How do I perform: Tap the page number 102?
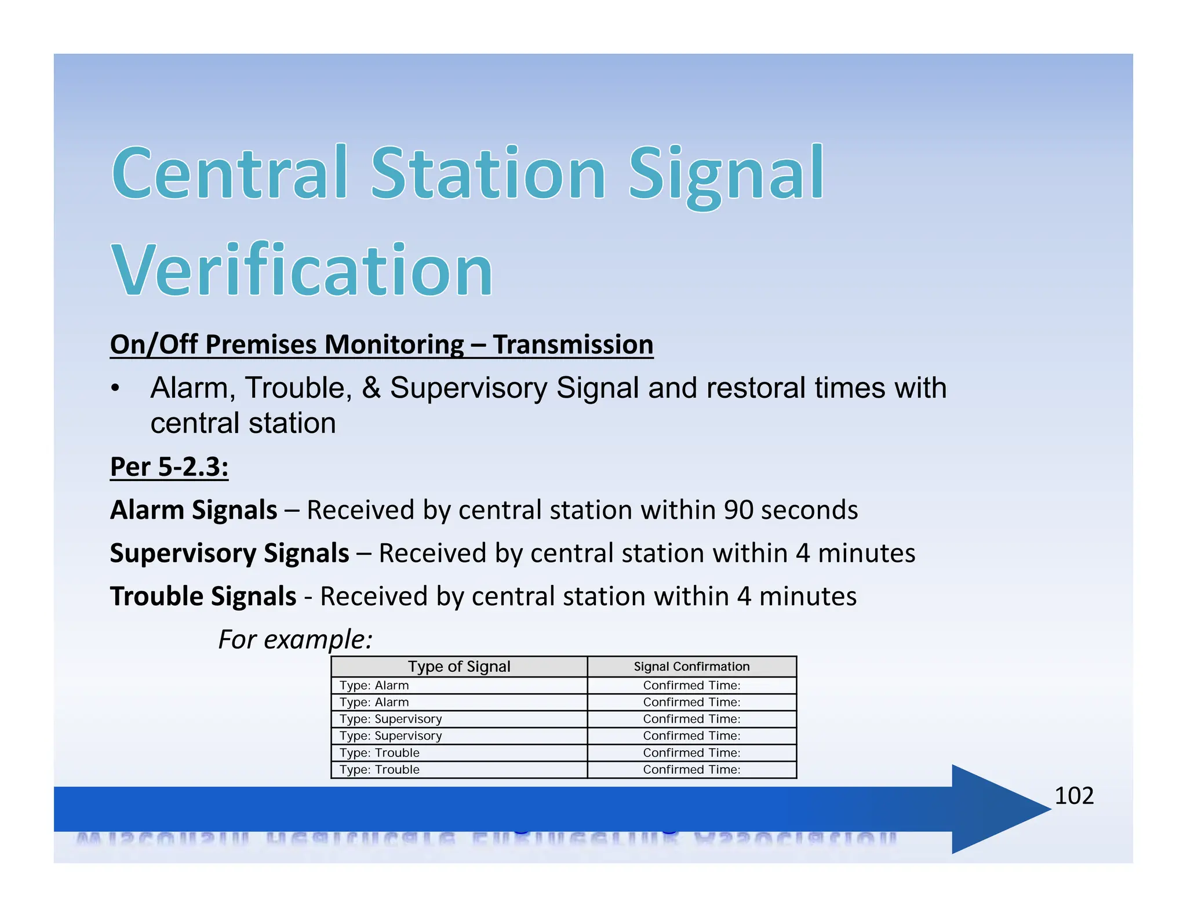click(x=1073, y=795)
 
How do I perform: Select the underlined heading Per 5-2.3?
click(x=169, y=467)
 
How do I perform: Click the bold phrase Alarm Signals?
click(x=194, y=510)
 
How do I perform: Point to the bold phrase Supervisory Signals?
click(x=230, y=553)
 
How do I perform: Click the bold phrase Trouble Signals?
click(x=203, y=596)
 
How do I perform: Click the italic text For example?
click(x=295, y=639)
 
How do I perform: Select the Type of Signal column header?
click(x=459, y=667)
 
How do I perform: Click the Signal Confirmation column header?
click(x=691, y=667)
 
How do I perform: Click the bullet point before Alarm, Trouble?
click(x=116, y=388)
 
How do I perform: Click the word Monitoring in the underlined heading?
click(x=394, y=344)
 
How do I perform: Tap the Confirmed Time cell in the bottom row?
click(x=691, y=770)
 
